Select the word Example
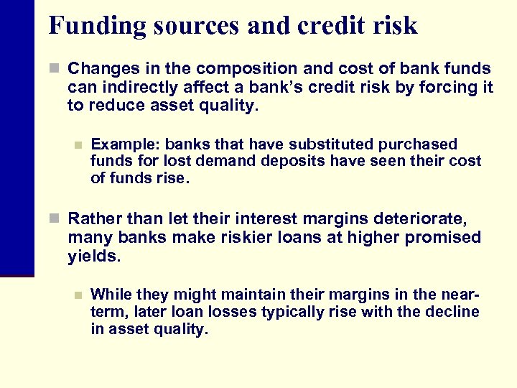119,144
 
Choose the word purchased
419,144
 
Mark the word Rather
91,219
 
